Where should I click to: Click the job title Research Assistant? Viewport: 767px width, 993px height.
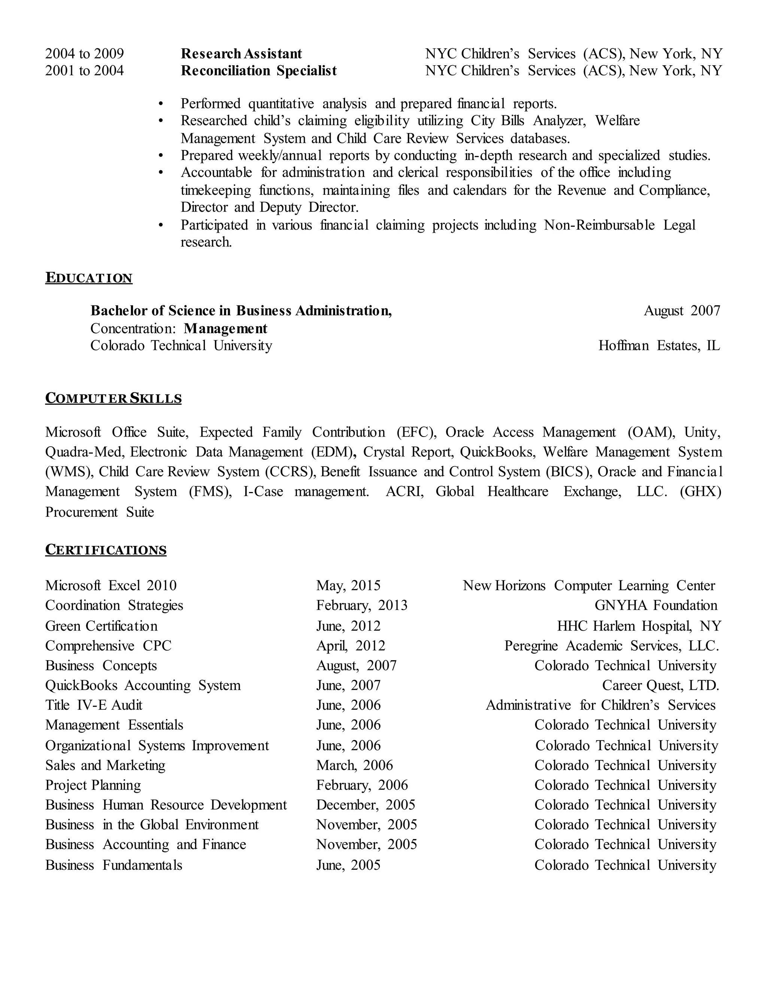241,54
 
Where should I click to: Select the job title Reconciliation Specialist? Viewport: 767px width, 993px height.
258,71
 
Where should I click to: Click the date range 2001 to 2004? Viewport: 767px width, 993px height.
85,71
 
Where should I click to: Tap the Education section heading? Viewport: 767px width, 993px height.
89,278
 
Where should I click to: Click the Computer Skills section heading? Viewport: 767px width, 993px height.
113,398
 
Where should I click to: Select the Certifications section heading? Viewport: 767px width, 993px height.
106,550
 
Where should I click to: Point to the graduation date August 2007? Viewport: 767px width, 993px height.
682,311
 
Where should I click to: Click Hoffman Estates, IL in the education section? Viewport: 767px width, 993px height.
659,345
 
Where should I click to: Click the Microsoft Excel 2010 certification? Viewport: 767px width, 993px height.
111,585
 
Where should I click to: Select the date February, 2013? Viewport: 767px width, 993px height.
362,605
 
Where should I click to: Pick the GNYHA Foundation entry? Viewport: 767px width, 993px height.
656,605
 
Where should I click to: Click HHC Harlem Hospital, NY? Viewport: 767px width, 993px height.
639,626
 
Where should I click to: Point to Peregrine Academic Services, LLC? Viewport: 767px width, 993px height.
612,646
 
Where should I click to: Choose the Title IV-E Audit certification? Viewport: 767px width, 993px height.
94,705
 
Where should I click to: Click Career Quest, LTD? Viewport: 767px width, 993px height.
660,685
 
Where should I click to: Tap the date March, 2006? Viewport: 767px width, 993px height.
354,765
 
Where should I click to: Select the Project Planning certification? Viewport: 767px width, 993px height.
93,785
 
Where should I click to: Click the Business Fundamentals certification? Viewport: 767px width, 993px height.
113,865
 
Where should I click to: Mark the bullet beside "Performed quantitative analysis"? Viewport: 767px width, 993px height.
160,104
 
